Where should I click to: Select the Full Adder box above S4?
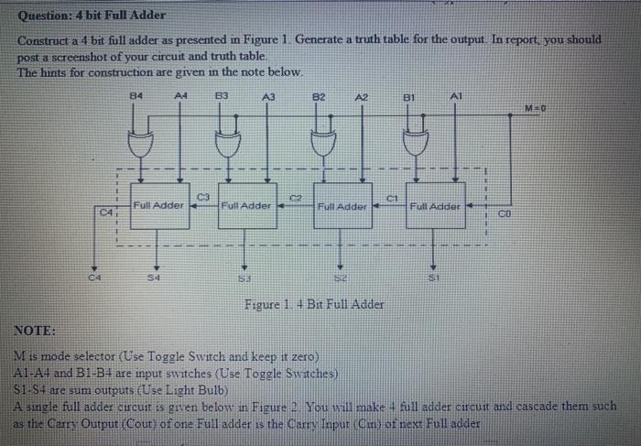click(x=158, y=205)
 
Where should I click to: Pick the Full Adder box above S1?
click(x=435, y=206)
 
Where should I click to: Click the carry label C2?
click(x=296, y=196)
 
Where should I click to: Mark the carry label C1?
click(x=390, y=196)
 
